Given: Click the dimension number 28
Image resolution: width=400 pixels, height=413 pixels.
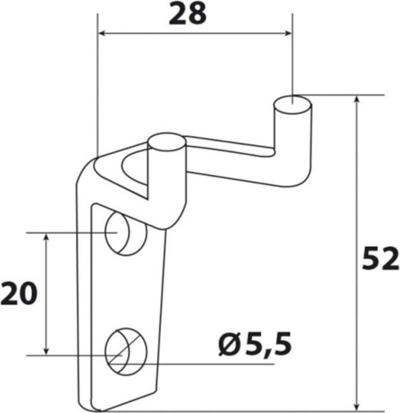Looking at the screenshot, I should (187, 15).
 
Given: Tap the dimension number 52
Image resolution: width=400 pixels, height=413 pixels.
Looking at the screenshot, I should (380, 260).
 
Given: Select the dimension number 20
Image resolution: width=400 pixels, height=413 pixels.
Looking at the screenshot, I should (18, 294).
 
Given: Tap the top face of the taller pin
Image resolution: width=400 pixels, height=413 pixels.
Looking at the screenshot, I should (293, 105).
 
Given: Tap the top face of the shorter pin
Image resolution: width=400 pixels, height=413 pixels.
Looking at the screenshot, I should (167, 141).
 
